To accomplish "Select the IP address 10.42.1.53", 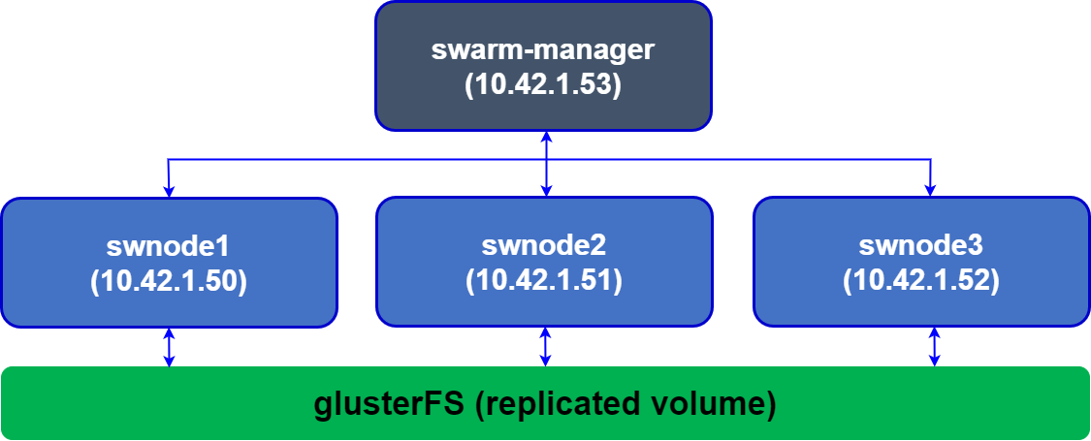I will (x=543, y=84).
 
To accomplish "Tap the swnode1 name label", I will (x=169, y=244).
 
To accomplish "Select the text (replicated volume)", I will (x=626, y=403).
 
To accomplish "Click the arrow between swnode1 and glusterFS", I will (x=170, y=347).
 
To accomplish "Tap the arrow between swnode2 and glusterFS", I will (x=545, y=347).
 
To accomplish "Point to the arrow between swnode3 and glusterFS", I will (x=935, y=347).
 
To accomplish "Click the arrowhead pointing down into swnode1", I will (x=169, y=190).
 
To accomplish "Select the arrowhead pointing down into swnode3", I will (x=932, y=190).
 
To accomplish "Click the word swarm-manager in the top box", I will (x=543, y=49).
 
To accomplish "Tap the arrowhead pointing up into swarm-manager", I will (x=546, y=137).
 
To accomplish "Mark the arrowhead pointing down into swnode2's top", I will (x=546, y=190).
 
